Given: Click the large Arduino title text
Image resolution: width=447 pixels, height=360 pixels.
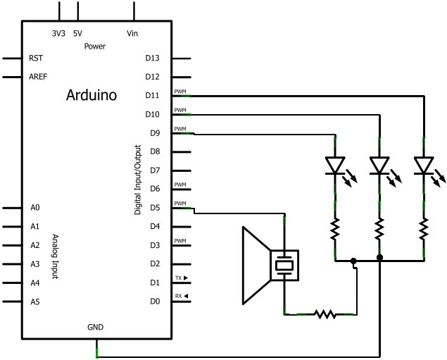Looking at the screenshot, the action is pyautogui.click(x=92, y=95).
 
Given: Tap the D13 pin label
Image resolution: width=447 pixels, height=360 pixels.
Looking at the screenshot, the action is pyautogui.click(x=152, y=58).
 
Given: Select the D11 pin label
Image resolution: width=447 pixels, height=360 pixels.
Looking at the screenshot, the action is pyautogui.click(x=152, y=95).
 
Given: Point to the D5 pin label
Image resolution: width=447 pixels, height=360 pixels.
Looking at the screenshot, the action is pyautogui.click(x=155, y=208).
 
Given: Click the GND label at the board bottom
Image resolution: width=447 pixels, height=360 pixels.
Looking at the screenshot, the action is pyautogui.click(x=95, y=327).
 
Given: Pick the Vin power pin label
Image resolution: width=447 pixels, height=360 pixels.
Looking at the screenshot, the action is pyautogui.click(x=132, y=33).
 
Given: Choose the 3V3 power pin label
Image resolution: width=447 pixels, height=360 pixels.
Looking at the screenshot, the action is pyautogui.click(x=58, y=33).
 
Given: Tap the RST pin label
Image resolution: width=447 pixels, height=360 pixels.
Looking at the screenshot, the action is pyautogui.click(x=36, y=58).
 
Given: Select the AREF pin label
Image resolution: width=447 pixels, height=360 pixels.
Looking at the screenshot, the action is pyautogui.click(x=38, y=77).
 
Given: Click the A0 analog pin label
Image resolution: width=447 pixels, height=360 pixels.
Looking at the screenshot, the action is pyautogui.click(x=35, y=208).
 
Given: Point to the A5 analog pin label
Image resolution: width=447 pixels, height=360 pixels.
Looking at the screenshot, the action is pyautogui.click(x=35, y=302).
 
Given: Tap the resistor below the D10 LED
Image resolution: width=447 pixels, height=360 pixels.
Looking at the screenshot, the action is pyautogui.click(x=379, y=229).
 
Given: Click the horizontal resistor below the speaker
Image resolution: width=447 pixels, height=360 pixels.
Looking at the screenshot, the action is pyautogui.click(x=325, y=314).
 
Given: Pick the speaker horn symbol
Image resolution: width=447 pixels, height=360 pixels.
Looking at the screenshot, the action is pyautogui.click(x=256, y=266).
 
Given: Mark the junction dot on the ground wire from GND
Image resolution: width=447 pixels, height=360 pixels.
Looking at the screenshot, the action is pyautogui.click(x=379, y=258).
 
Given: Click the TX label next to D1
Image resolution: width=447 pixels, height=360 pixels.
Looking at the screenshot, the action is pyautogui.click(x=179, y=278).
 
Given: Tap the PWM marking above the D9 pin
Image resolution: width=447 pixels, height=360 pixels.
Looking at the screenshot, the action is pyautogui.click(x=180, y=129).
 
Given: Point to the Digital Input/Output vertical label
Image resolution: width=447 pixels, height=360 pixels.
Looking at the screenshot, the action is pyautogui.click(x=138, y=180).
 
